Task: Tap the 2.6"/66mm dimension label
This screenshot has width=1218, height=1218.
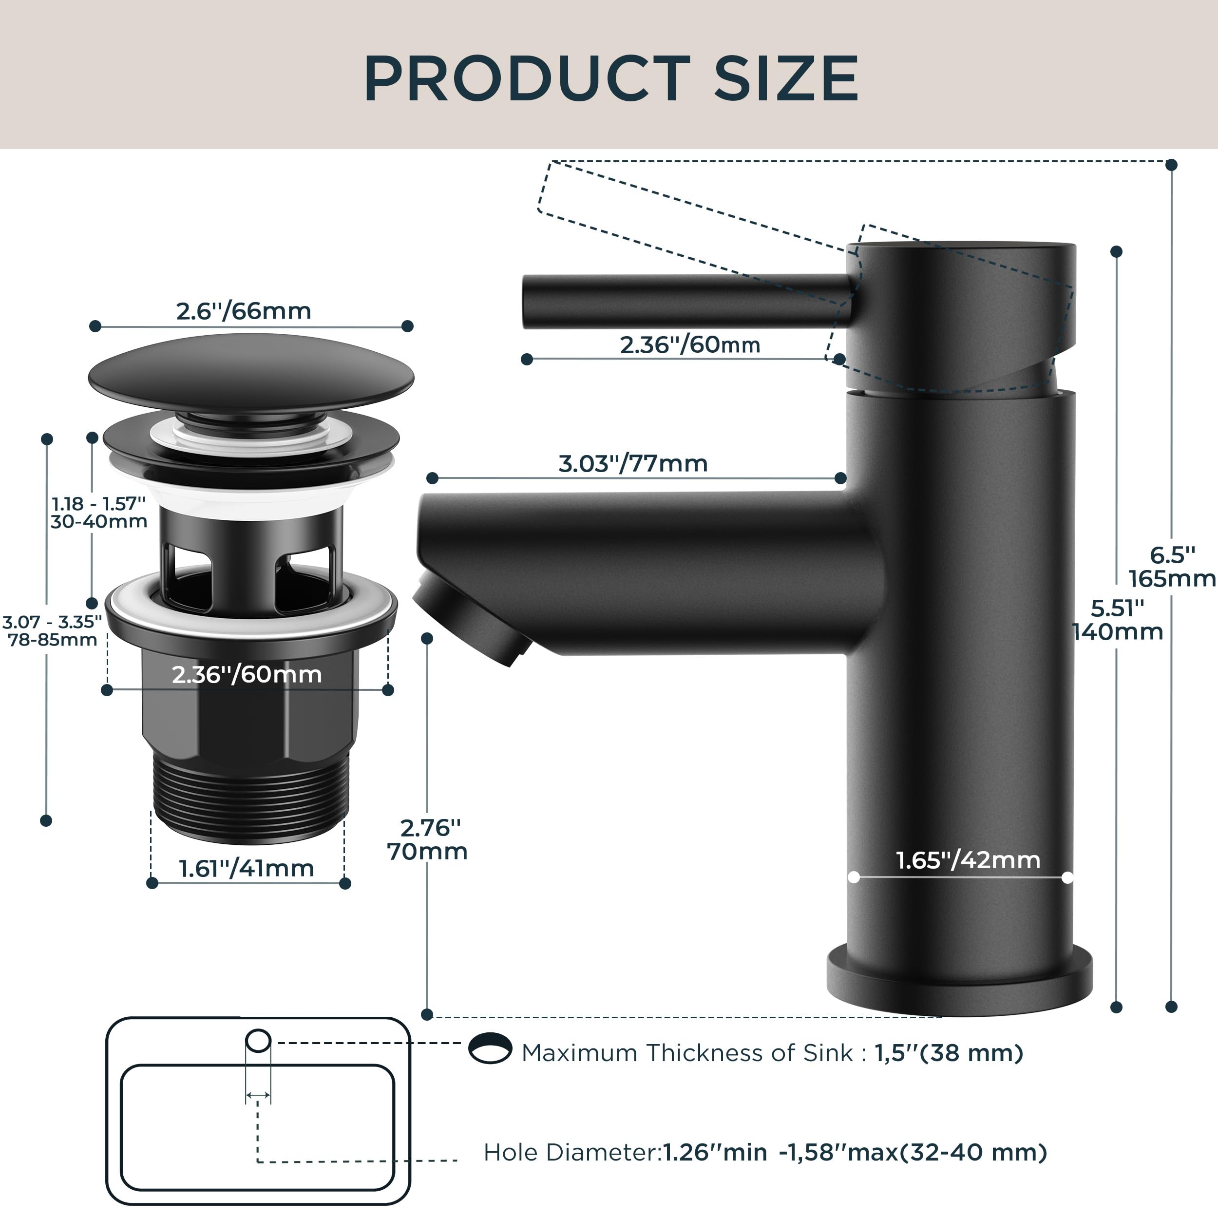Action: pyautogui.click(x=243, y=311)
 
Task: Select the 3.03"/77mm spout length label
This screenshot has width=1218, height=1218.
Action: pyautogui.click(x=633, y=464)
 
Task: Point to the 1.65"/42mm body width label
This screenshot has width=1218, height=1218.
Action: pyautogui.click(x=968, y=860)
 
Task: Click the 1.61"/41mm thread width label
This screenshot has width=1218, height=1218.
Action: pyautogui.click(x=247, y=869)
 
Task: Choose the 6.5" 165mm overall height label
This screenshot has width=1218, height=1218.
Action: pyautogui.click(x=1171, y=567)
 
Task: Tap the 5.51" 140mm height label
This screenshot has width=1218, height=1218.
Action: pyautogui.click(x=1117, y=620)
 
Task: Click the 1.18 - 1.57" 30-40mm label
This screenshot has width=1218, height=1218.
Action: pyautogui.click(x=99, y=513)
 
